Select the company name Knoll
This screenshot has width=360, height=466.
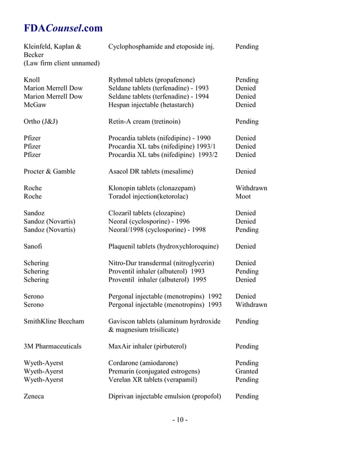[x=32, y=80]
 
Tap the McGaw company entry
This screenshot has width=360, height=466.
[x=35, y=105]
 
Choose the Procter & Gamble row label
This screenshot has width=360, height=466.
[x=50, y=172]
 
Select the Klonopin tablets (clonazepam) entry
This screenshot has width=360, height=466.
[x=152, y=188]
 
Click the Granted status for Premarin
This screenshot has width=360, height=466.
[x=247, y=371]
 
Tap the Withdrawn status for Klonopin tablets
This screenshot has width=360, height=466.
[x=251, y=188]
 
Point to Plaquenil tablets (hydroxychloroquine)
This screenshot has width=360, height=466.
[x=163, y=247]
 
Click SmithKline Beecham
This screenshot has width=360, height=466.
[x=54, y=322]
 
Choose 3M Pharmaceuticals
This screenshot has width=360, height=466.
[x=52, y=346]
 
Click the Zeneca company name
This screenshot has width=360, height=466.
[x=34, y=396]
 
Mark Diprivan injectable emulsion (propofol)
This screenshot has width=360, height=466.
[x=164, y=396]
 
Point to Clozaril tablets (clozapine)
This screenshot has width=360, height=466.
[x=146, y=213]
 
